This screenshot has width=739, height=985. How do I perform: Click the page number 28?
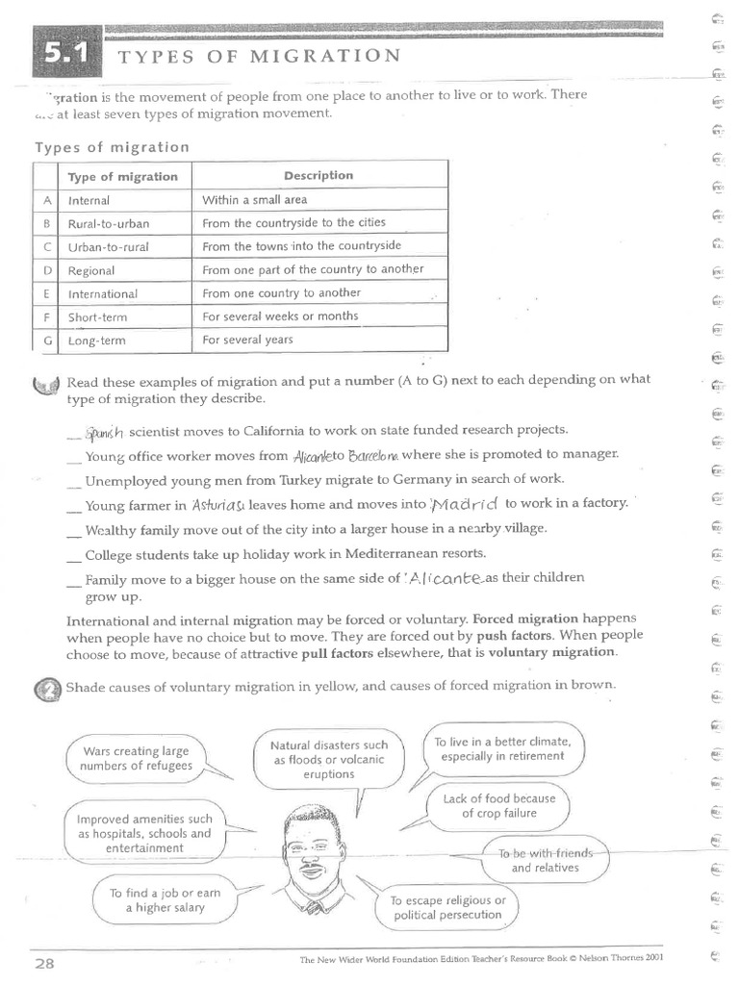click(45, 963)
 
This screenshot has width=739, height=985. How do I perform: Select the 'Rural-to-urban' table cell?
click(109, 223)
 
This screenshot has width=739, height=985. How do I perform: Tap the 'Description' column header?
click(319, 176)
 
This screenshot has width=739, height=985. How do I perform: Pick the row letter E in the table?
click(46, 293)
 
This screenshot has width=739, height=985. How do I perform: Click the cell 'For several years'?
click(247, 340)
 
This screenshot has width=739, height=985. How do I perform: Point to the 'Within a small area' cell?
click(254, 200)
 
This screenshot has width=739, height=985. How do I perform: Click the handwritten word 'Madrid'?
click(465, 504)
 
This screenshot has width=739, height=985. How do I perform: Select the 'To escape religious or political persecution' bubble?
click(447, 907)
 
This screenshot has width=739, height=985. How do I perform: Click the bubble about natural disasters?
click(328, 759)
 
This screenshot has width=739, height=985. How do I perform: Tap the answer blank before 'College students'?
click(74, 555)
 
